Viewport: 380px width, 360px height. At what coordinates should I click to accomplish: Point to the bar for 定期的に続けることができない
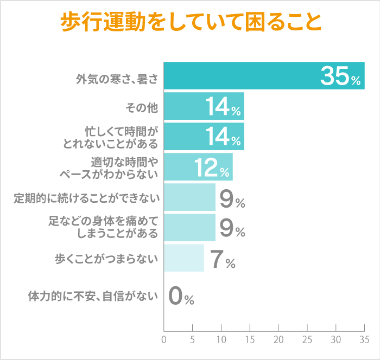pyautogui.click(x=189, y=197)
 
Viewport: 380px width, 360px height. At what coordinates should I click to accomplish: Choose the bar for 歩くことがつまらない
pyautogui.click(x=183, y=258)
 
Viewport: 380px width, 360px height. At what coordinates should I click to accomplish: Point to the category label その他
pyautogui.click(x=141, y=107)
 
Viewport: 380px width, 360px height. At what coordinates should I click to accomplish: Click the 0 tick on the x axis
pyautogui.click(x=164, y=340)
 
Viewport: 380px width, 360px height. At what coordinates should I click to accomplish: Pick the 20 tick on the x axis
pyautogui.click(x=278, y=340)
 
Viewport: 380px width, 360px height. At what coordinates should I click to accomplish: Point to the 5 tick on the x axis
pyautogui.click(x=193, y=340)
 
